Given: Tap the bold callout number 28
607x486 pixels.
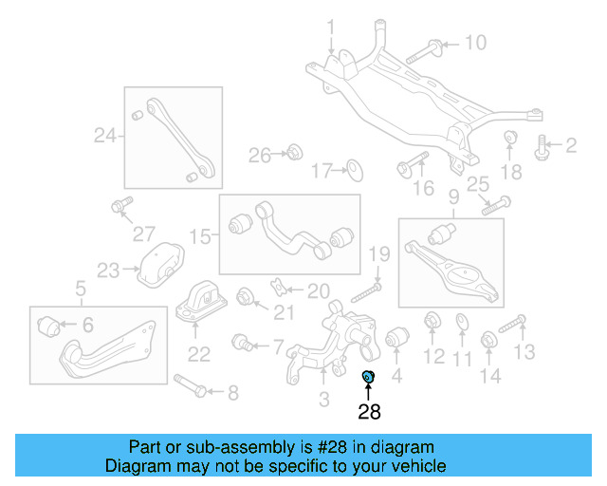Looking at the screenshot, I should tap(369, 412).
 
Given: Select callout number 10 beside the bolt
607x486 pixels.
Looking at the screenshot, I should tap(474, 43).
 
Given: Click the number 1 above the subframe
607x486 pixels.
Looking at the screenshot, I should tap(331, 28).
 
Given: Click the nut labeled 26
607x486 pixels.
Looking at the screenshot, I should tap(293, 152).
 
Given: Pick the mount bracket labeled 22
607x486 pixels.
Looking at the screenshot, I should tap(199, 302).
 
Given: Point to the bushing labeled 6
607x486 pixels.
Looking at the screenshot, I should tap(51, 327).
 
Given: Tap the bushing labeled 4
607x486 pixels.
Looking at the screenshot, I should tap(396, 338).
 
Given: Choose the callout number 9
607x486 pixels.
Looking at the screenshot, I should tap(453, 197).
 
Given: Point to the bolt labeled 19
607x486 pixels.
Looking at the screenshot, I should tap(367, 290).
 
